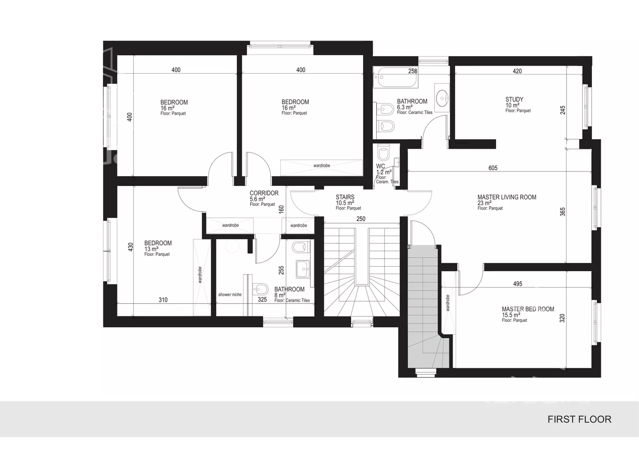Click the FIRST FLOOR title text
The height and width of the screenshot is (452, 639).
[580, 419]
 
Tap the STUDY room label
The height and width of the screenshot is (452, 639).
[514, 99]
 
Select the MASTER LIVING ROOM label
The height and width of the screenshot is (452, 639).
[507, 197]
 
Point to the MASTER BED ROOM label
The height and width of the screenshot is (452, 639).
[528, 309]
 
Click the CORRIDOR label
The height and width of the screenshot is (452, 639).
[264, 193]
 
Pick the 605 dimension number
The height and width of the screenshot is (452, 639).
[493, 168]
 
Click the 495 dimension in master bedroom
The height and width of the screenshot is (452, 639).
[518, 284]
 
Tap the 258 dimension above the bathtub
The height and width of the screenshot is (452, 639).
[413, 71]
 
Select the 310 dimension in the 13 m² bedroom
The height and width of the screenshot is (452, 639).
[163, 300]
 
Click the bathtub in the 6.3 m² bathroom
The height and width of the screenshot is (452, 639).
[396, 77]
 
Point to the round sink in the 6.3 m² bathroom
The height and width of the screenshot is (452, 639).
[442, 98]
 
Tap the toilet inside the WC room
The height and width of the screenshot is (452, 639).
[383, 152]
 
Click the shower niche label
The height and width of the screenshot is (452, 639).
[230, 295]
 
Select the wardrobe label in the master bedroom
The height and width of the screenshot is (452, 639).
[448, 303]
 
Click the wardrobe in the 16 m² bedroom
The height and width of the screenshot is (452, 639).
[321, 168]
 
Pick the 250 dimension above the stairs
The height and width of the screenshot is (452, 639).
[361, 219]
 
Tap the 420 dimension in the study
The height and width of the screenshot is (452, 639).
[517, 71]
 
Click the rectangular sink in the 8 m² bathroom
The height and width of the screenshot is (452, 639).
[303, 269]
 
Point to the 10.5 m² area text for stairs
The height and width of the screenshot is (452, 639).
[345, 203]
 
